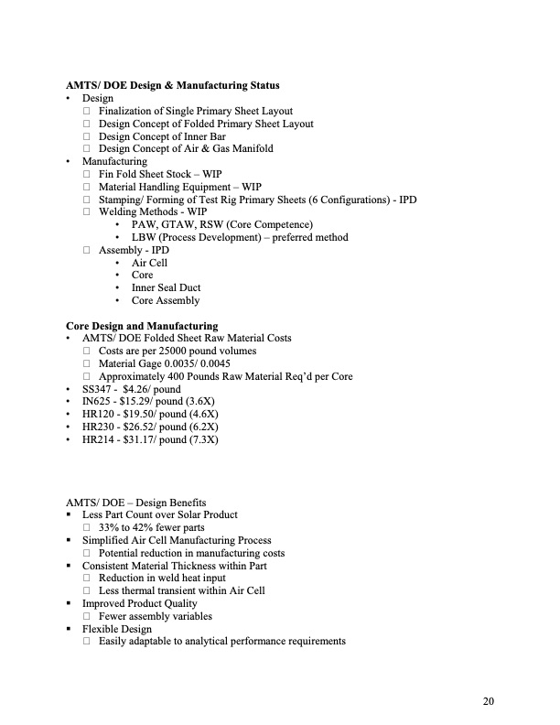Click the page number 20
tap(488, 701)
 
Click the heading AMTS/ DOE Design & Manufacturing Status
tap(173, 85)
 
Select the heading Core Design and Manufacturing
tap(142, 325)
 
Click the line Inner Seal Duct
tap(166, 287)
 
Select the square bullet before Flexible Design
tap(70, 629)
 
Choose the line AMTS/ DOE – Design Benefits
tap(135, 502)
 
